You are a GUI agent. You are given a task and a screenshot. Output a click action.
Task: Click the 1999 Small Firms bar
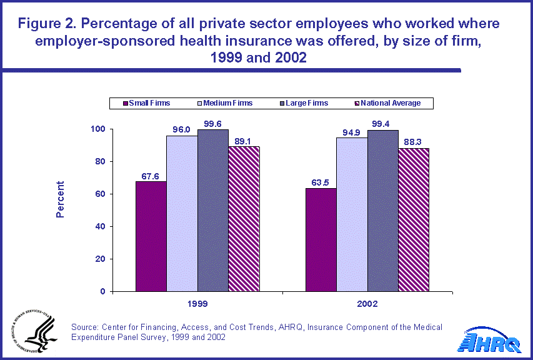151,236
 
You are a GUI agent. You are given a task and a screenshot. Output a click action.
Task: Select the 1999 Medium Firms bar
182,213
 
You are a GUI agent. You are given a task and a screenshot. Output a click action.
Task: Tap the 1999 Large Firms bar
213,210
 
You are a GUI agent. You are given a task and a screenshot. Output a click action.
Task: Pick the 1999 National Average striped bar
244,219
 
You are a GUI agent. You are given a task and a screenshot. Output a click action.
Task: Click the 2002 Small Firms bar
321,239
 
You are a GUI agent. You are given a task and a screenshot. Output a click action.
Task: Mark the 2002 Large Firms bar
383,211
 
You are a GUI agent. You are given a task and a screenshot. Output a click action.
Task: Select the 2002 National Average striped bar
414,219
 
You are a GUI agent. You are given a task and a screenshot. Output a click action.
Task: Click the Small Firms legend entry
147,103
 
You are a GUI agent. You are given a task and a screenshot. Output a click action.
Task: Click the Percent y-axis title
61,199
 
